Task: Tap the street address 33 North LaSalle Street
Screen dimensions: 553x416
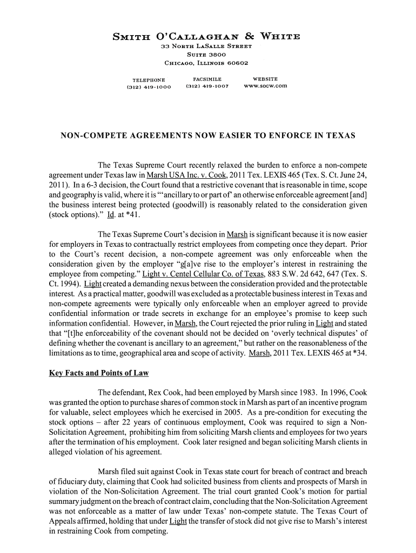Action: pyautogui.click(x=207, y=47)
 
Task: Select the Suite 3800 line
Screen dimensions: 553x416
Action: pyautogui.click(x=206, y=55)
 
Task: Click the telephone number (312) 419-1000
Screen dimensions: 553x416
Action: pyautogui.click(x=149, y=86)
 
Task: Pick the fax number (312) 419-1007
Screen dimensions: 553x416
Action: pyautogui.click(x=207, y=86)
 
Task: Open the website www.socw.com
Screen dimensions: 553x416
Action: pyautogui.click(x=265, y=86)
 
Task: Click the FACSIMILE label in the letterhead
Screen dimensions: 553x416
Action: pyautogui.click(x=207, y=79)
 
